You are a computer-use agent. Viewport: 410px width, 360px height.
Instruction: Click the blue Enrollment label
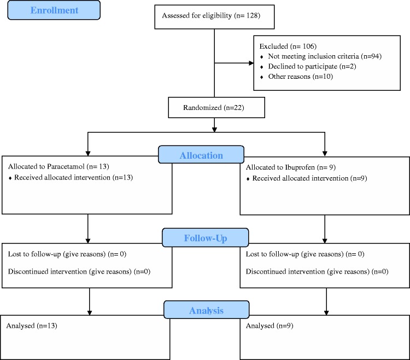[x=54, y=10]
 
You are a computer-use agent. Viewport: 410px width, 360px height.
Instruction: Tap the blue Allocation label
[x=201, y=155]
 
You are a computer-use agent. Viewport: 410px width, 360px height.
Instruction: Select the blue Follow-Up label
[x=205, y=237]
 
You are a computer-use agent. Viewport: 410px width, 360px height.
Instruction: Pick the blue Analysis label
[x=206, y=310]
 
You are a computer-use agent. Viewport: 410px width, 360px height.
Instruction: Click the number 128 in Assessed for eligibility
[x=252, y=15]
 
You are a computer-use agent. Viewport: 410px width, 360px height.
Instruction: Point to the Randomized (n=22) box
[x=216, y=108]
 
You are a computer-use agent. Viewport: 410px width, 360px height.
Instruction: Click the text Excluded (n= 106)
[x=288, y=47]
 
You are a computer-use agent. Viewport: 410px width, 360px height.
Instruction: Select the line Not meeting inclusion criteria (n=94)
[x=325, y=56]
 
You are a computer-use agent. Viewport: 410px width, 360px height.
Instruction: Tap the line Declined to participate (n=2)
[x=312, y=66]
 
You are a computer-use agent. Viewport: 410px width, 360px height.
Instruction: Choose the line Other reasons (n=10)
[x=301, y=77]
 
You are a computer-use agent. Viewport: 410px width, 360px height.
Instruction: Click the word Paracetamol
[x=66, y=166]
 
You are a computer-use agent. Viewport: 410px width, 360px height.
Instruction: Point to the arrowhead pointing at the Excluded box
[x=251, y=63]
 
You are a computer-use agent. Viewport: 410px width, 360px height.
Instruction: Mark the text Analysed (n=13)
[x=32, y=326]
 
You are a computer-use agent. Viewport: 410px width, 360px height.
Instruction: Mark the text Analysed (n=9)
[x=270, y=326]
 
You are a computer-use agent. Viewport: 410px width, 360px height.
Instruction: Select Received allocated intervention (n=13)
[x=73, y=177]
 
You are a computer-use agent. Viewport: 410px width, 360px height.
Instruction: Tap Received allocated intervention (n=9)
[x=309, y=178]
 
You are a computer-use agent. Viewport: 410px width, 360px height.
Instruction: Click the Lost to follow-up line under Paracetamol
[x=67, y=254]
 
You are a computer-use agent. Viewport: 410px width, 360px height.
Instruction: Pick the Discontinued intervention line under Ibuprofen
[x=317, y=271]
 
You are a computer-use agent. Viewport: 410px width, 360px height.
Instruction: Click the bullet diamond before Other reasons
[x=261, y=77]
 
